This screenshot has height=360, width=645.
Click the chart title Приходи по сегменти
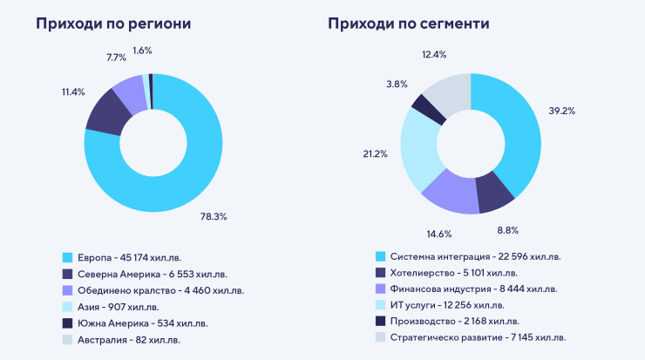pos(409,24)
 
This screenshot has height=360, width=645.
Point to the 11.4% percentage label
pos(73,92)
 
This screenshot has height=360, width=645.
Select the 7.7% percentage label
pos(116,56)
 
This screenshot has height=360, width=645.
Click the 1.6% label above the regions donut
pos(142,51)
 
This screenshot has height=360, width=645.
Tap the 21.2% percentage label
pos(374,154)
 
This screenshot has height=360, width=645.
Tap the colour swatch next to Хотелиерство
pos(380,273)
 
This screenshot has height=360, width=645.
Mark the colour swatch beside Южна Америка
pos(67,323)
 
